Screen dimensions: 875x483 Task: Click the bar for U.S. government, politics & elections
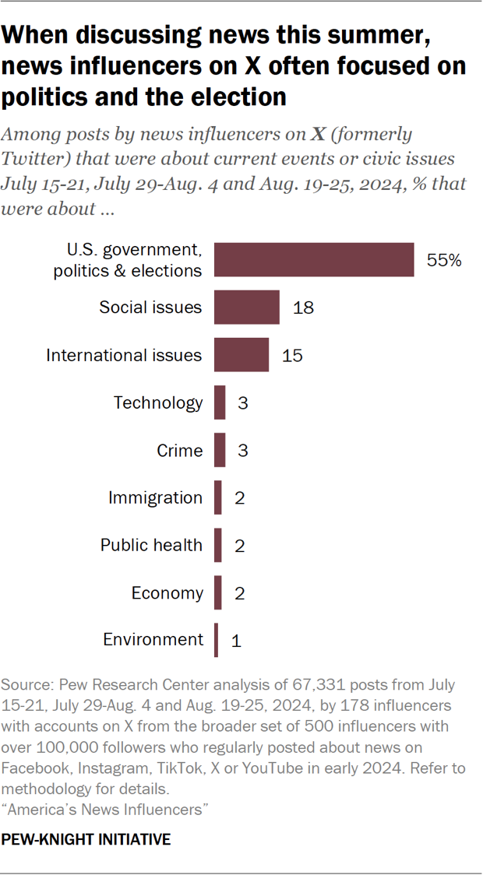pos(314,260)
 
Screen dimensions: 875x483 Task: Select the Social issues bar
pos(246,307)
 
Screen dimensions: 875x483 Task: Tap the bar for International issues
pos(241,355)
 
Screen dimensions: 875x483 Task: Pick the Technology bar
pos(220,402)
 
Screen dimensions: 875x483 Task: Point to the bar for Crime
pos(220,450)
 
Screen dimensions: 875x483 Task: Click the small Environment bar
pos(217,640)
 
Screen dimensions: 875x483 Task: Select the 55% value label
pos(444,261)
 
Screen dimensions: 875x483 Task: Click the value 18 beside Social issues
pos(303,308)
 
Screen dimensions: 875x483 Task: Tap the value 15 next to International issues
pos(292,356)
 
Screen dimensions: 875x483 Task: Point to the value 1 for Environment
pos(236,641)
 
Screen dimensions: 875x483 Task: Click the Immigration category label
pos(155,497)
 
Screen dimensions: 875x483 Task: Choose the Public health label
pos(151,545)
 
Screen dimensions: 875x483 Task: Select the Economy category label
pos(167,592)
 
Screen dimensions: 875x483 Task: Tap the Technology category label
pos(157,402)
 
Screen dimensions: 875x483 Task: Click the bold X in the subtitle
pos(318,134)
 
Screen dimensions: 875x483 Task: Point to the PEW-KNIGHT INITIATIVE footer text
pos(86,840)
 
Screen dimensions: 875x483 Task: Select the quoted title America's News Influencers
pos(106,810)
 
